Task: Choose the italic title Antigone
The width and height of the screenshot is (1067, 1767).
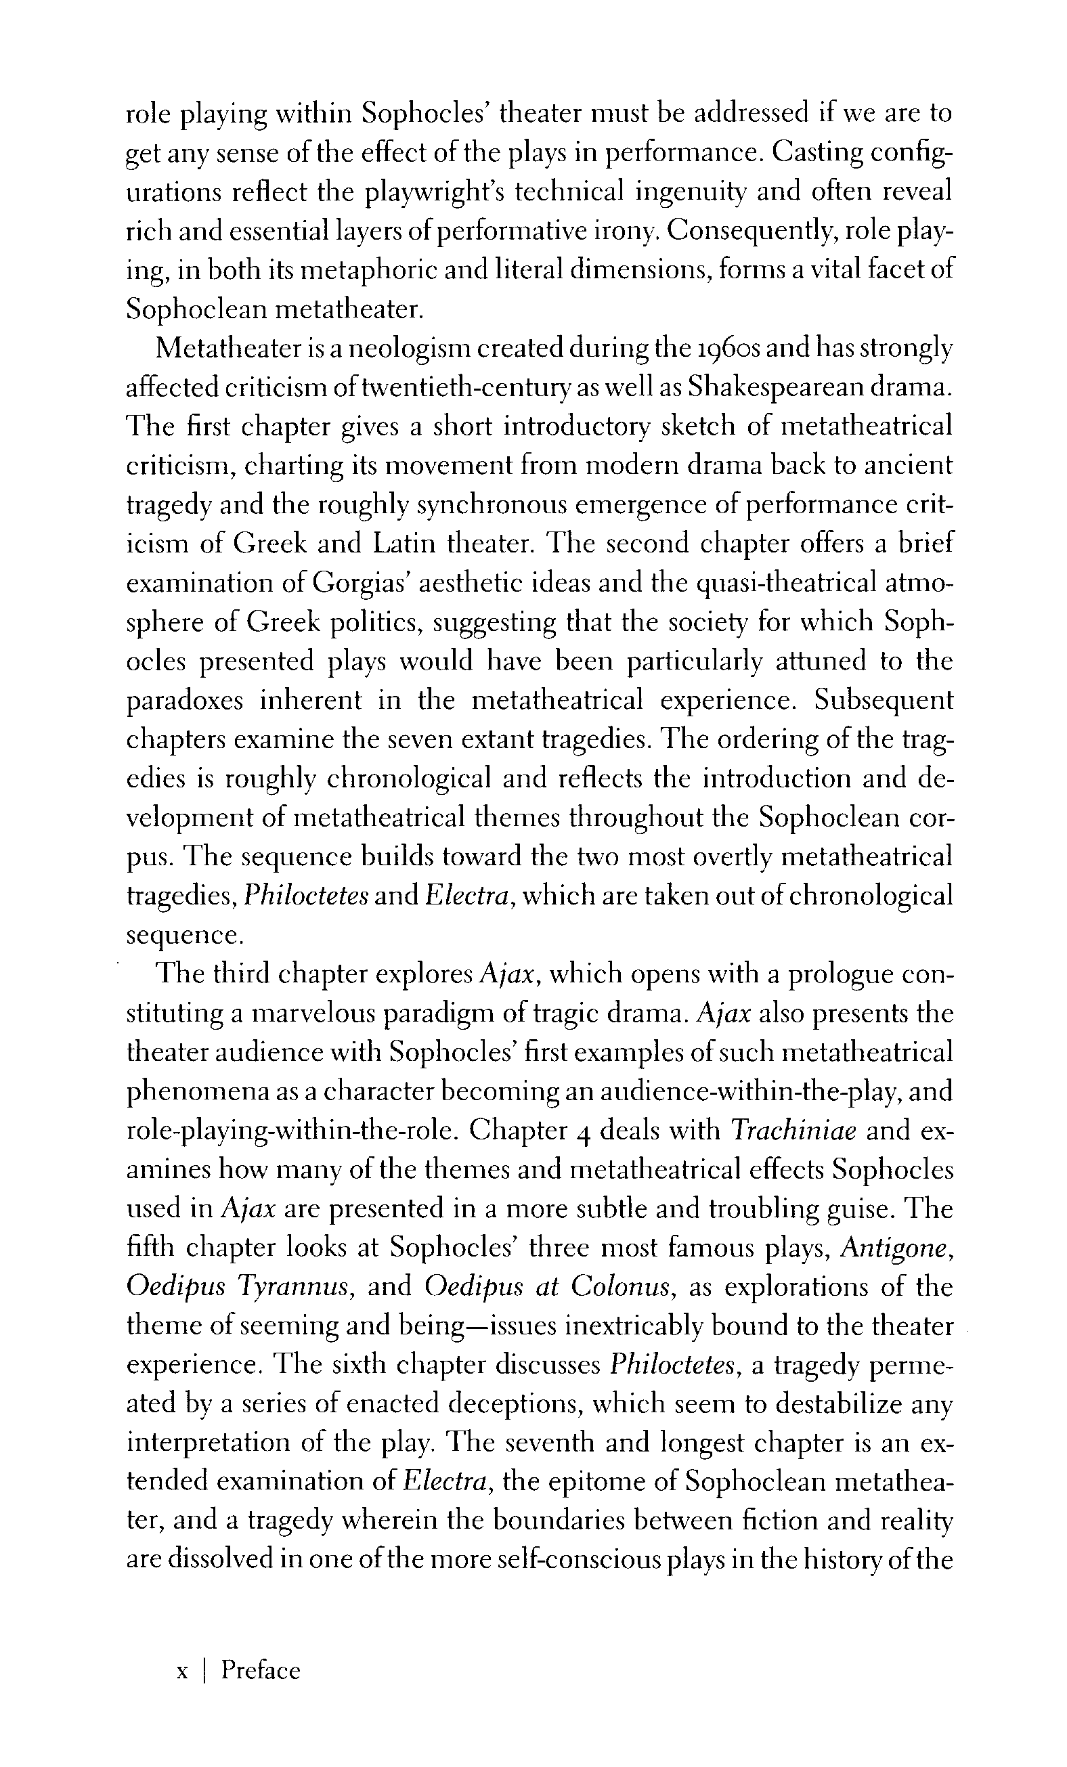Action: pos(896,1247)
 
